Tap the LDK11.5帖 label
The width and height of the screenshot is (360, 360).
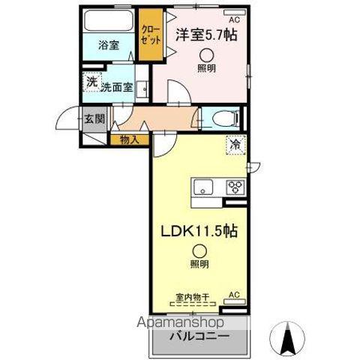(x=198, y=232)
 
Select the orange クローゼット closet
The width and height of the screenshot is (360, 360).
(x=152, y=34)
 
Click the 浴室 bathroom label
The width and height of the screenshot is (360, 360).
(x=108, y=46)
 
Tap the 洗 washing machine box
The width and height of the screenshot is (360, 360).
(x=90, y=82)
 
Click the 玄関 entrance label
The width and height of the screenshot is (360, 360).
(x=94, y=118)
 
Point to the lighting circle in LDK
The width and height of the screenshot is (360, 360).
(x=199, y=251)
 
